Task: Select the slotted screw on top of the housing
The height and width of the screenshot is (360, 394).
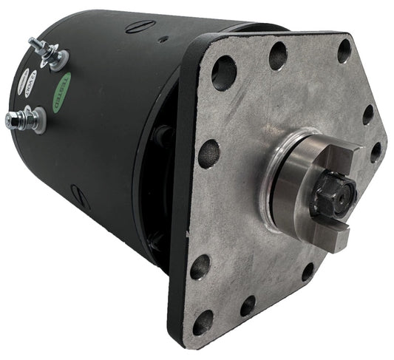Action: point(138,29)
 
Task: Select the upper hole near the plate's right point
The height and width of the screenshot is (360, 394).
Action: point(368,115)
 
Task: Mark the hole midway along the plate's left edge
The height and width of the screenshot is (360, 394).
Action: point(209,154)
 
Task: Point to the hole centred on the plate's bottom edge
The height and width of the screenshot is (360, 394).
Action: point(248,305)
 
